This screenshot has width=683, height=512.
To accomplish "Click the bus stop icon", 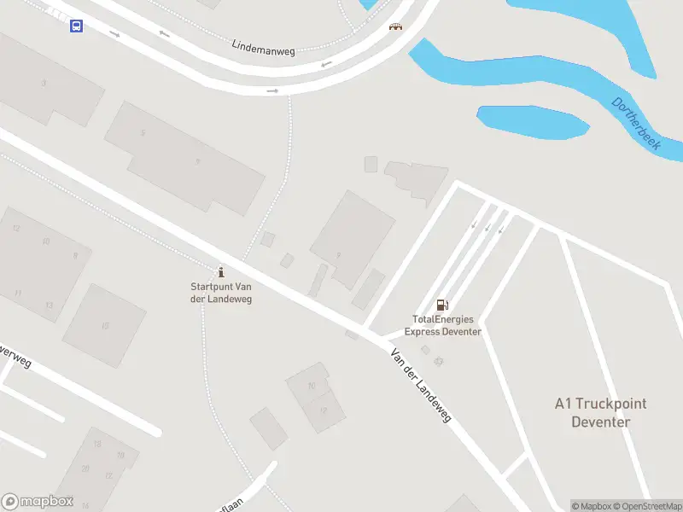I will [x=76, y=26].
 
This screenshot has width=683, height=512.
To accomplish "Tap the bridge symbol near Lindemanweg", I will [x=395, y=26].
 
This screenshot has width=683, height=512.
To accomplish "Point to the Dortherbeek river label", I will [x=636, y=124].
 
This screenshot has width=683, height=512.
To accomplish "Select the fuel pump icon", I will [x=442, y=305].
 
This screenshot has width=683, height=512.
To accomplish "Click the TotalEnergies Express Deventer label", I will [x=443, y=326].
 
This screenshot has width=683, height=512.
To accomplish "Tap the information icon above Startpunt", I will [x=221, y=272].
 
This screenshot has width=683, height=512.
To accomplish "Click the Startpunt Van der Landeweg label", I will [x=221, y=294].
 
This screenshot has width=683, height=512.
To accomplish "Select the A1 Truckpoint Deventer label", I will [x=601, y=413].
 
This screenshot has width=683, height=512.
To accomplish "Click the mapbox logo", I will [x=38, y=502].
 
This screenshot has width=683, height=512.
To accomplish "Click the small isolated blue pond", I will [x=532, y=122].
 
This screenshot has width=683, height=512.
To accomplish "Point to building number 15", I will [x=105, y=325].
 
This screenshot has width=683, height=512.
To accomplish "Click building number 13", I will [x=50, y=305].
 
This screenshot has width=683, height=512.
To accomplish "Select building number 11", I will [x=18, y=293].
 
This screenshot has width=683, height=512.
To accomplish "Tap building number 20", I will [x=85, y=468].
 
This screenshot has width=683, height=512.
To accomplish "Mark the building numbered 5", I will [x=143, y=132].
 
